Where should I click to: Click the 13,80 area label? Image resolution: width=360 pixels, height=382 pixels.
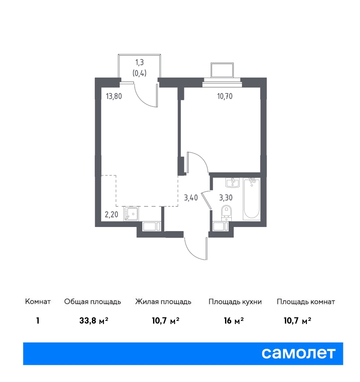click(114, 97)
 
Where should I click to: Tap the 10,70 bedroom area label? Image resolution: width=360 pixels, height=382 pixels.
click(225, 97)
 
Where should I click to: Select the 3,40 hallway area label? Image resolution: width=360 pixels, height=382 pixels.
click(191, 198)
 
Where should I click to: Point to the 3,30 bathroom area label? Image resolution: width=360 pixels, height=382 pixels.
click(226, 198)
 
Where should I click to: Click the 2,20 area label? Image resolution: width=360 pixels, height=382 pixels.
click(112, 215)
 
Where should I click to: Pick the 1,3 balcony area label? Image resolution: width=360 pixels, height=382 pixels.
click(140, 62)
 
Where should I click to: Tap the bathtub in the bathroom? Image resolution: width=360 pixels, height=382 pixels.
click(252, 199)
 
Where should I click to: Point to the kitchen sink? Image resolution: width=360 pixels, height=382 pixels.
click(131, 214)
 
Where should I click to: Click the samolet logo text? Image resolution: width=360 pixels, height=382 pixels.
click(298, 353)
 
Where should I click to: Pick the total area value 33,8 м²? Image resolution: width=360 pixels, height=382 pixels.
click(94, 321)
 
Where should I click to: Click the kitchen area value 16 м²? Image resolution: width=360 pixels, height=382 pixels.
click(234, 321)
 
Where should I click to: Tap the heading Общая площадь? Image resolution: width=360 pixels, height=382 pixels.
click(92, 302)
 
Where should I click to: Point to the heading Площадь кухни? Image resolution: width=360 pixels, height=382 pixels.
click(235, 302)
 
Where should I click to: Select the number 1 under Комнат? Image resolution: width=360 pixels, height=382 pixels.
click(38, 321)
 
